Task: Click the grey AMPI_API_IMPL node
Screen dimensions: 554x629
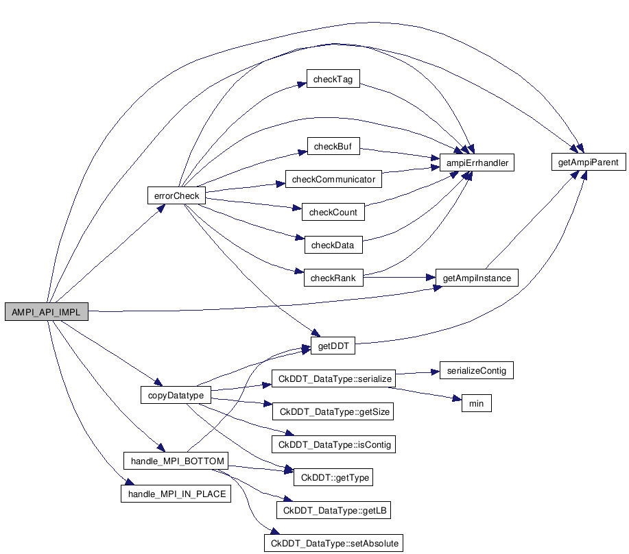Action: pos(46,311)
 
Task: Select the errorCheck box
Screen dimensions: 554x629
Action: pos(176,195)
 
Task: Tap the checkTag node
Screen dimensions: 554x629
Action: pos(333,80)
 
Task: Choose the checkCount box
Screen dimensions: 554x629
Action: pos(333,213)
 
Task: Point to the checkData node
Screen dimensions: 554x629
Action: pos(333,245)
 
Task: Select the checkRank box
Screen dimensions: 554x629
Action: pos(333,278)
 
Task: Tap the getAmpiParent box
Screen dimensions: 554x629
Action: pos(588,163)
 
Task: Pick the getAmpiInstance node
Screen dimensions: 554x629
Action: pos(477,278)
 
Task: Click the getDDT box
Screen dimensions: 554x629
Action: pos(333,346)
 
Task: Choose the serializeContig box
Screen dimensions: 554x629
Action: pos(476,370)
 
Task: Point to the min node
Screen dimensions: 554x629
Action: pos(476,403)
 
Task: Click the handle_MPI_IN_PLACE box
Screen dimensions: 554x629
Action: pos(176,494)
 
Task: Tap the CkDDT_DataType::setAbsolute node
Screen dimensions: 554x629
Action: pos(333,543)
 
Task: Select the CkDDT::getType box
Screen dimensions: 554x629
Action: pos(333,477)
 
